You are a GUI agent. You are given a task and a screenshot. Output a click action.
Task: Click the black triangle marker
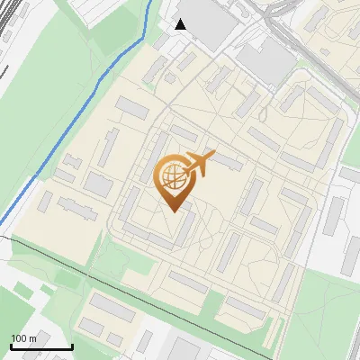180,24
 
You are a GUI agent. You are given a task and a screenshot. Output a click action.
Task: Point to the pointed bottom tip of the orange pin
173,211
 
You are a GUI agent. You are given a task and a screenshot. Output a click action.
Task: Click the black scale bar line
40,347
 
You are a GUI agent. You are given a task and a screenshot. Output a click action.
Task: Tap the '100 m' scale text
23,338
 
